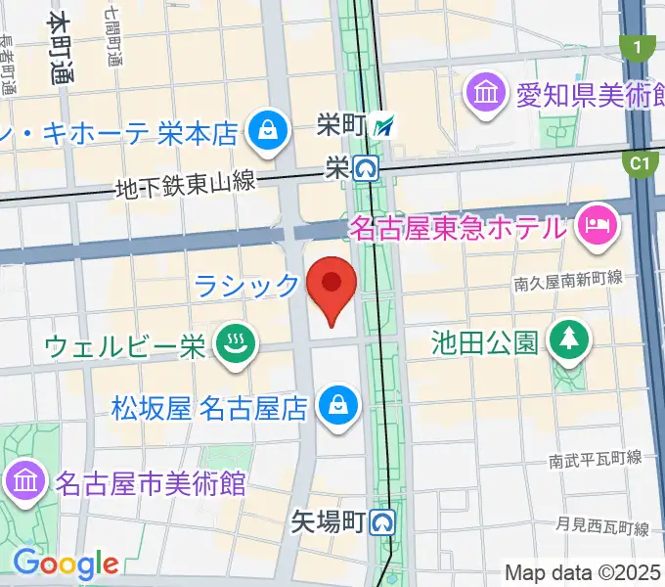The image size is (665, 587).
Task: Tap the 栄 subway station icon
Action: [x=368, y=169]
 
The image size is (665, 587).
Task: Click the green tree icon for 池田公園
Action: [x=567, y=341]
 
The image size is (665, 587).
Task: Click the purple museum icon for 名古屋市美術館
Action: [x=22, y=481]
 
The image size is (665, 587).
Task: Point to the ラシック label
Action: [x=245, y=286]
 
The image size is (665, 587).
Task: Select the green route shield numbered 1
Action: [x=638, y=47]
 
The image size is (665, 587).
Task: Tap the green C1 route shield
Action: [x=641, y=164]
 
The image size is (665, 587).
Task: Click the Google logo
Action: [x=66, y=564]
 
